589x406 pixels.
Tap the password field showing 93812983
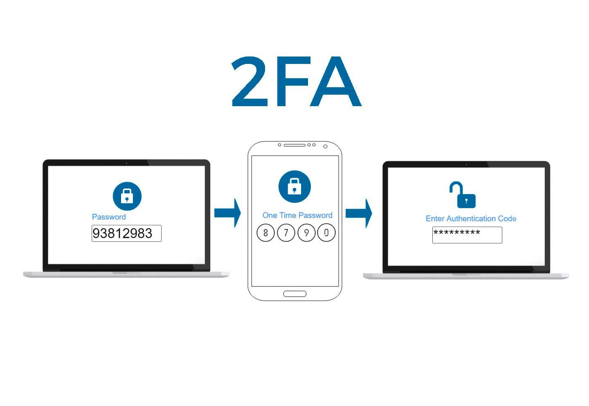pos(126,234)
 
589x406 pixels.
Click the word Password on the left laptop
pos(109,217)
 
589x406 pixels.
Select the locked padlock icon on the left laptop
pos(127,196)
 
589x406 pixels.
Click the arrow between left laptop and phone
pos(227,213)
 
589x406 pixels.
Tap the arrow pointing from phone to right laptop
pos(359,213)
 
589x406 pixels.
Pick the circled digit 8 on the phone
pos(265,233)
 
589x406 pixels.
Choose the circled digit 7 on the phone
pos(286,233)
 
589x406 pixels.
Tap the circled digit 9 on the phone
pos(306,233)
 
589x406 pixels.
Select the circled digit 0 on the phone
pos(326,233)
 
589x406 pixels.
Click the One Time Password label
pos(297,215)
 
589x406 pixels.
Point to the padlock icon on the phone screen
pos(294,186)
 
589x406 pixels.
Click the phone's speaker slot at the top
pos(294,145)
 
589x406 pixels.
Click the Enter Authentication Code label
pos(471,218)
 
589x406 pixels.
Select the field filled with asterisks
pos(467,235)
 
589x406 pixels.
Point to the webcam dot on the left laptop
pos(126,163)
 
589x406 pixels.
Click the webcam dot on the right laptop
pos(466,165)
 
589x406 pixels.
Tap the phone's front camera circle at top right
pos(325,146)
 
